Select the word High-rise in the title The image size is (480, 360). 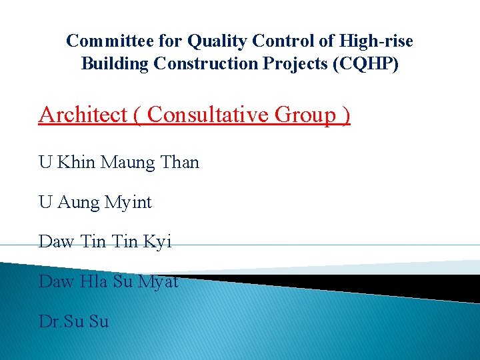pyautogui.click(x=376, y=41)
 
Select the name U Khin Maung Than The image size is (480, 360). pyautogui.click(x=119, y=162)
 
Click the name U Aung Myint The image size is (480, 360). pyautogui.click(x=95, y=202)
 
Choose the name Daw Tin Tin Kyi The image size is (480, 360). pyautogui.click(x=105, y=242)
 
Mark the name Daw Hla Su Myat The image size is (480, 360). pyautogui.click(x=109, y=282)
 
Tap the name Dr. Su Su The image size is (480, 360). pyautogui.click(x=73, y=322)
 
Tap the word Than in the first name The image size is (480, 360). pyautogui.click(x=180, y=162)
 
